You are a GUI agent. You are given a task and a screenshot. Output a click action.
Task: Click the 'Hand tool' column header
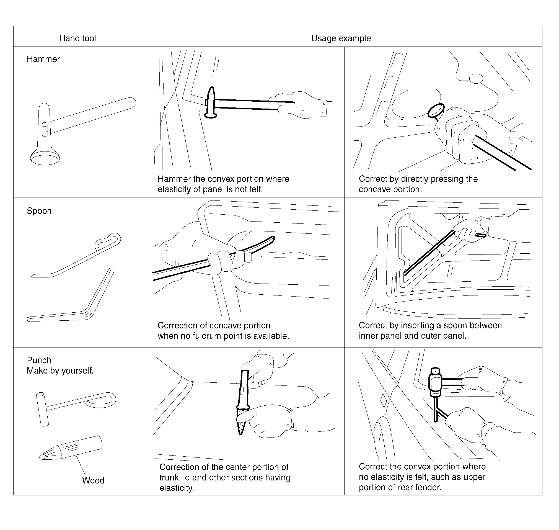[x=77, y=38]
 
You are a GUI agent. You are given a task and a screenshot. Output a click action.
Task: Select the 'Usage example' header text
[x=341, y=38]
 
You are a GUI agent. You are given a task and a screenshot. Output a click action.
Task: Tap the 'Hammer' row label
[x=43, y=59]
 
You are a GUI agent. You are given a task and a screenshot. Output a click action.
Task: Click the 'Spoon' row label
[x=39, y=211]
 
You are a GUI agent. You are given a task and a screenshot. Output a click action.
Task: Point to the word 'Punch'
[x=39, y=360]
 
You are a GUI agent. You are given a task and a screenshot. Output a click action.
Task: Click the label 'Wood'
[x=93, y=480]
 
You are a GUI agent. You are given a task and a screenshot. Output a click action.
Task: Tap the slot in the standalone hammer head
[x=45, y=129]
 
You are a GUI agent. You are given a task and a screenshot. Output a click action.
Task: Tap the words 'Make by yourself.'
[x=60, y=371]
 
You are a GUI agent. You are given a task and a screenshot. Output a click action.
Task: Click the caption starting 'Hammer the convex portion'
[x=223, y=184]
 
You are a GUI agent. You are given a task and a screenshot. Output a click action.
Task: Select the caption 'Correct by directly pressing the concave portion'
[x=418, y=184]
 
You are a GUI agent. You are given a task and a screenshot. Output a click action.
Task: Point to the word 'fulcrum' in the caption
[x=207, y=336]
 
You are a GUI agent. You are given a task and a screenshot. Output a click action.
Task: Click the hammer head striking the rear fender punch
[x=435, y=382]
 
